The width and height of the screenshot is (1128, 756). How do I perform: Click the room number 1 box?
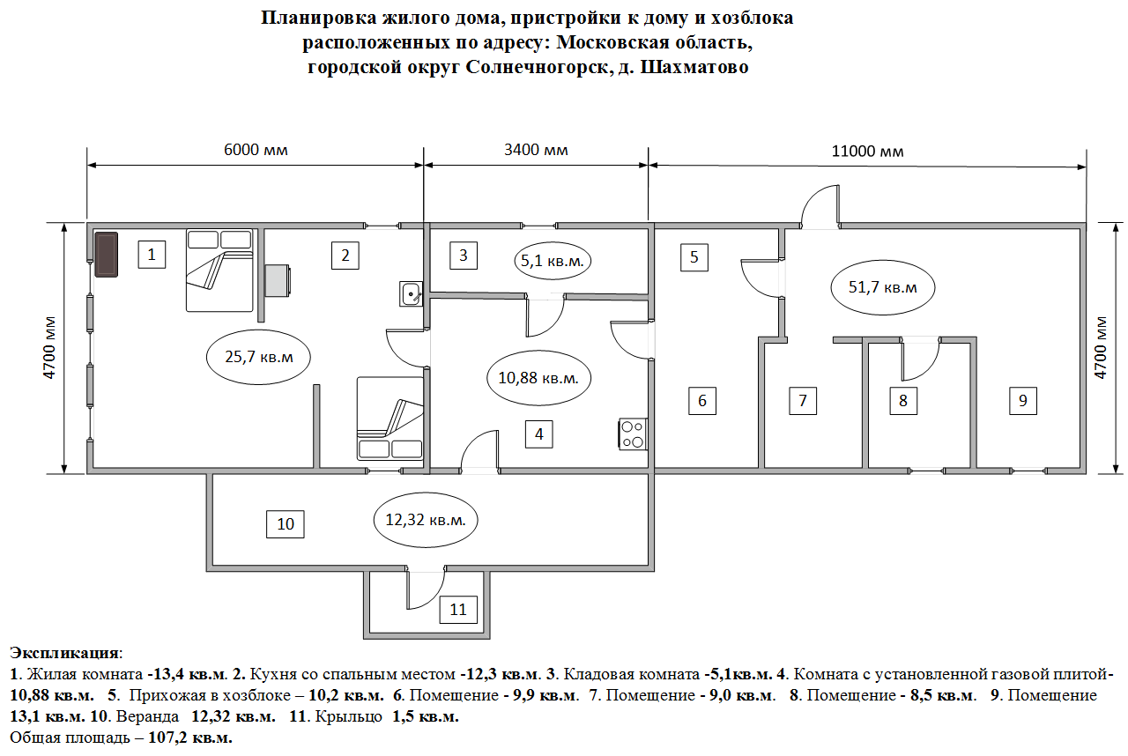[152, 256]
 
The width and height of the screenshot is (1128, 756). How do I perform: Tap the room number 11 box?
[457, 609]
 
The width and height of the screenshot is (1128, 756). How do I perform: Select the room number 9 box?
[1022, 401]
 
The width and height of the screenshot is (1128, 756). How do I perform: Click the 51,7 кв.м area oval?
[882, 287]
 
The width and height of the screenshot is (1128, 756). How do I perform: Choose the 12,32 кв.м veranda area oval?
[426, 520]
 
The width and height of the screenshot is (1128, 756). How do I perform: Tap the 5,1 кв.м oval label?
[551, 261]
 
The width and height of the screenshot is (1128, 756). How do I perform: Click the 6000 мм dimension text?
[256, 150]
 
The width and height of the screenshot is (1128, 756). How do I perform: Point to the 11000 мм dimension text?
[867, 151]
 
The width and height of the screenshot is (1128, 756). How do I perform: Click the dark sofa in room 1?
[107, 254]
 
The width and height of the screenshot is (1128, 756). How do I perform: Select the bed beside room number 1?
[219, 271]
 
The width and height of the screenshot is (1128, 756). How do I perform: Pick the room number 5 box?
[694, 257]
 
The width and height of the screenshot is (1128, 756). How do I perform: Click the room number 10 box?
[286, 523]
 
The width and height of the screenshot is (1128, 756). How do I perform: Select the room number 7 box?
[802, 401]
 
